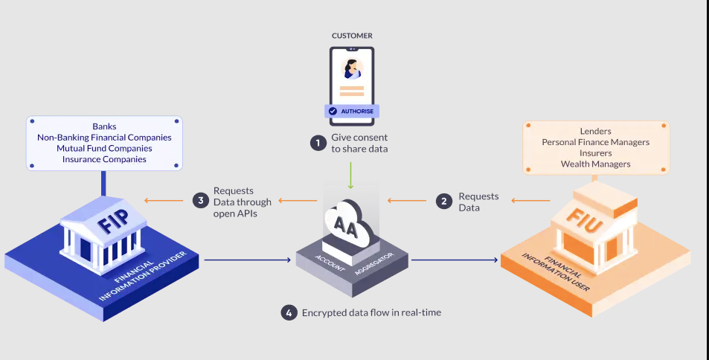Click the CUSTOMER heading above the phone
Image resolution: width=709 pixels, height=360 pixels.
click(x=352, y=35)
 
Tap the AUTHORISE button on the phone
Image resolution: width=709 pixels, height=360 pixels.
click(x=352, y=111)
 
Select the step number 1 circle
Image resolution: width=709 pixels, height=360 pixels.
click(x=318, y=143)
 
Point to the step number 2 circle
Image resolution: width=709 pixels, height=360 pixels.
click(x=445, y=201)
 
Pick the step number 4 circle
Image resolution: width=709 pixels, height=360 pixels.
click(x=289, y=312)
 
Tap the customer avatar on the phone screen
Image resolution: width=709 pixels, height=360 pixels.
click(x=351, y=69)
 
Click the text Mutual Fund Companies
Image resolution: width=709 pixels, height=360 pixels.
click(x=104, y=148)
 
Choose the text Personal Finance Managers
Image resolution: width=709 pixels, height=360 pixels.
click(x=595, y=141)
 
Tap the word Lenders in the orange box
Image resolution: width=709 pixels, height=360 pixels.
click(x=595, y=131)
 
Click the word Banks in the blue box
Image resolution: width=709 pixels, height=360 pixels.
click(x=104, y=126)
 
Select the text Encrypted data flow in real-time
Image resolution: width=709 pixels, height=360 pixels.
click(x=371, y=312)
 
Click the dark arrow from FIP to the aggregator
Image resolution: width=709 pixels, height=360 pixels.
click(x=246, y=260)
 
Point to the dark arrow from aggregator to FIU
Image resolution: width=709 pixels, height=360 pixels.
click(x=454, y=260)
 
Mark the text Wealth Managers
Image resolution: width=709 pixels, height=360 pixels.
click(x=595, y=164)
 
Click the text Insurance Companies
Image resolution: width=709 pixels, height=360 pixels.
click(x=104, y=158)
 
